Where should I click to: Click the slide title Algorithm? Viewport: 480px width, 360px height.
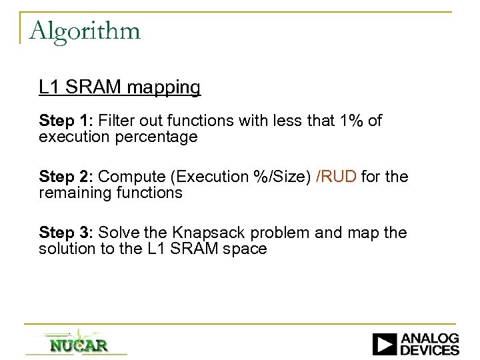(x=85, y=31)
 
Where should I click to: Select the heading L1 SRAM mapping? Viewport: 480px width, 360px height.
(x=119, y=87)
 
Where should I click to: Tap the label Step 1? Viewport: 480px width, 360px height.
(x=66, y=121)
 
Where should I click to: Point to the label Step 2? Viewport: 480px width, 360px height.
(x=66, y=177)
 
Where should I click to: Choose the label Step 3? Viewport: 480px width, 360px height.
(x=66, y=233)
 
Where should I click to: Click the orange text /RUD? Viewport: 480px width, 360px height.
(x=337, y=177)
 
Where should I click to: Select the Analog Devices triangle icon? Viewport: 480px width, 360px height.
(x=385, y=344)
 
